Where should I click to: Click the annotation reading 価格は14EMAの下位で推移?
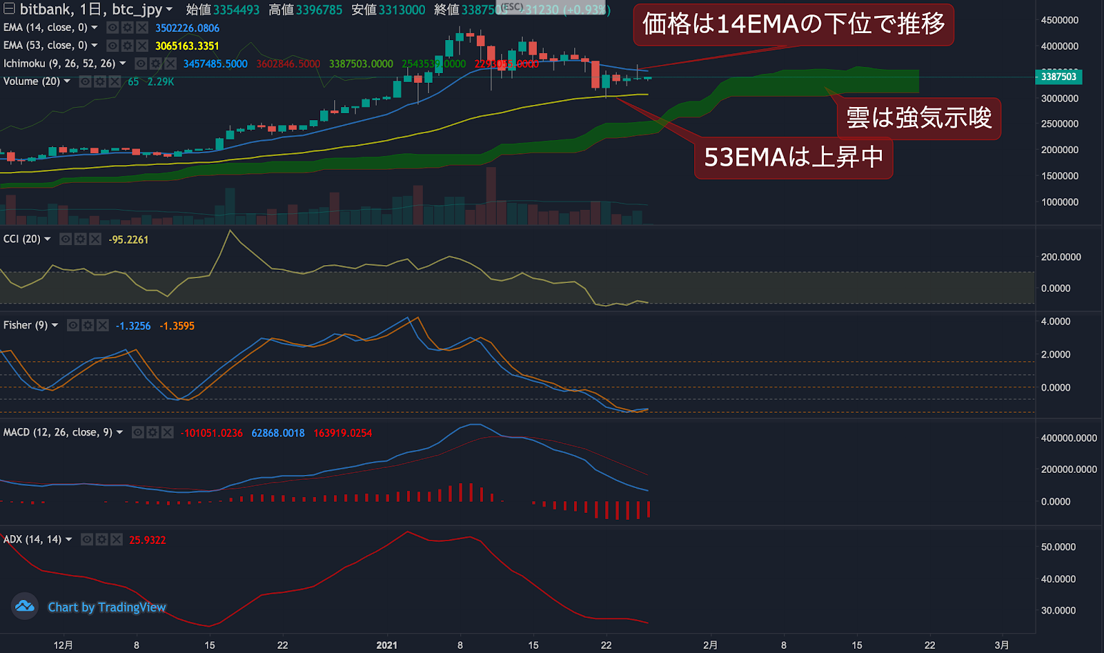[793, 25]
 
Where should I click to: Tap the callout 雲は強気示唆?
[918, 118]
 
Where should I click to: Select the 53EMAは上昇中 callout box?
[793, 158]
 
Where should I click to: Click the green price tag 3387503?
[1058, 77]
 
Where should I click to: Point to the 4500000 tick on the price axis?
[1059, 21]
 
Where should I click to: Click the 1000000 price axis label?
[1059, 202]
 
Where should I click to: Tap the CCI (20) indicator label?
[22, 239]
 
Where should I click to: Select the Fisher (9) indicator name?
[26, 325]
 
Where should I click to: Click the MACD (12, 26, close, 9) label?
[58, 432]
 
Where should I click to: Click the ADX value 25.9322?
[147, 540]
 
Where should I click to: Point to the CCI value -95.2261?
[128, 240]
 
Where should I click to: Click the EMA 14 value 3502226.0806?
[187, 28]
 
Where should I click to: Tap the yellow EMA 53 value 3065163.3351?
[187, 46]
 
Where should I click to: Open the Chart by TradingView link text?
[107, 607]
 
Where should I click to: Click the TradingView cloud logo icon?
[25, 606]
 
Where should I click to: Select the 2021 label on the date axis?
[386, 645]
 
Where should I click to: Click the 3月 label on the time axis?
[1002, 645]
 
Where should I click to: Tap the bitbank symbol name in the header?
[46, 10]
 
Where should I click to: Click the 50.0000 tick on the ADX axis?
[1058, 547]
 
